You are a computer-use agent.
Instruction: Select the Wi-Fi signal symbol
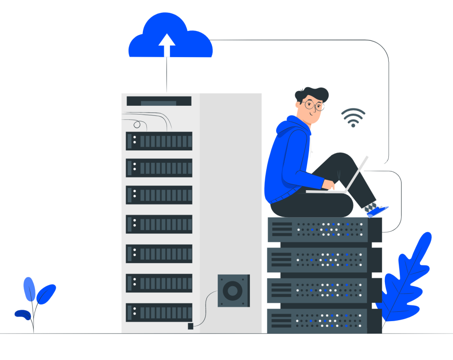click(x=353, y=118)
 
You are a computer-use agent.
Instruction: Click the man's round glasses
click(x=314, y=105)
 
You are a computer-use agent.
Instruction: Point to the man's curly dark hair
click(x=312, y=93)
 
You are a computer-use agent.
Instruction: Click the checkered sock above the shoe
click(x=370, y=206)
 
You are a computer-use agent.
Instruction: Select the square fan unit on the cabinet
click(x=233, y=291)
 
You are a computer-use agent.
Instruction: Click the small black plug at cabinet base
click(x=191, y=326)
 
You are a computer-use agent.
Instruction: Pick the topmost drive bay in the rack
click(x=159, y=141)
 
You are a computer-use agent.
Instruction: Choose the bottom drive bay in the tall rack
click(x=159, y=312)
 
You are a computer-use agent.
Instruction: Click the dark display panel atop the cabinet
click(x=159, y=101)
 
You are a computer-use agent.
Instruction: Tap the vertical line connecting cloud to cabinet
click(x=167, y=75)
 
